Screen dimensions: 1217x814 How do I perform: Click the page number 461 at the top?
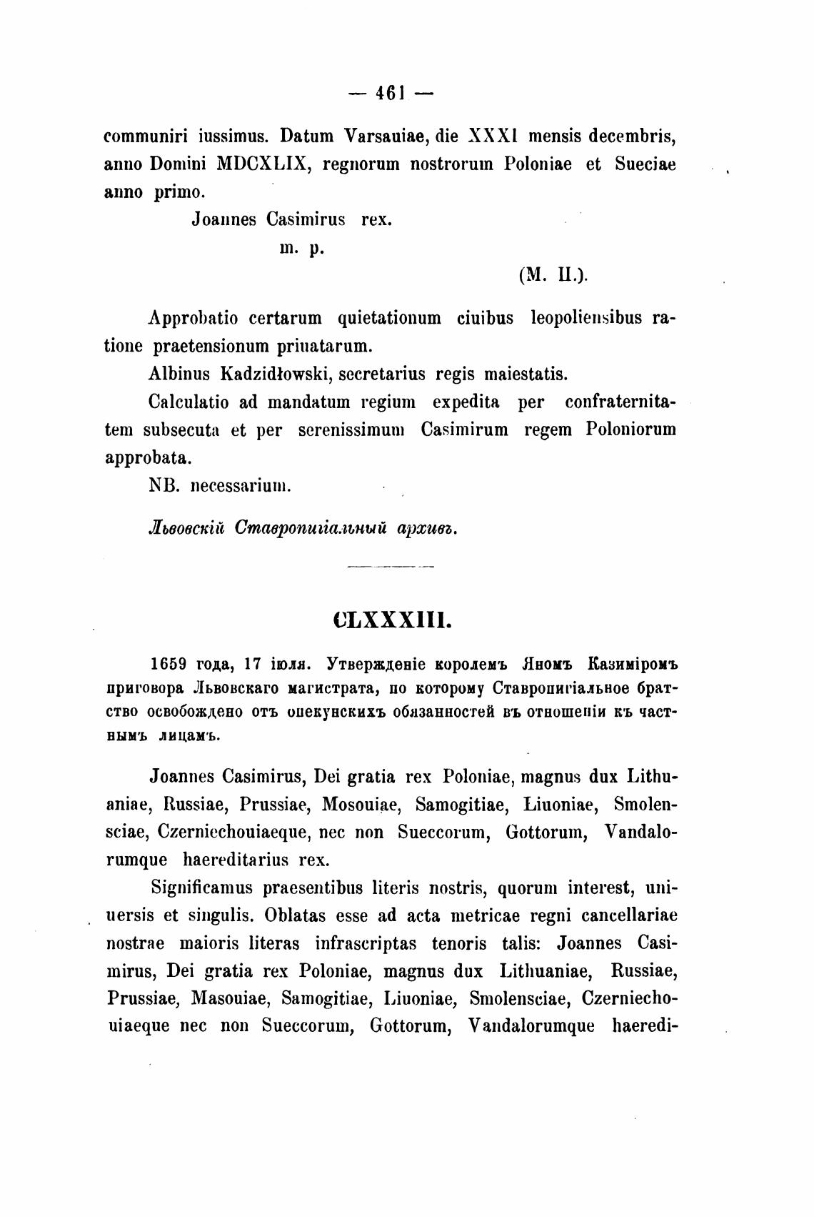click(390, 93)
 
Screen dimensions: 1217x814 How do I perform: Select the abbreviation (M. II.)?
click(553, 276)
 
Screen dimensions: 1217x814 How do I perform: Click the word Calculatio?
click(189, 402)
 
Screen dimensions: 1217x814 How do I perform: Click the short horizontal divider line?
click(390, 567)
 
